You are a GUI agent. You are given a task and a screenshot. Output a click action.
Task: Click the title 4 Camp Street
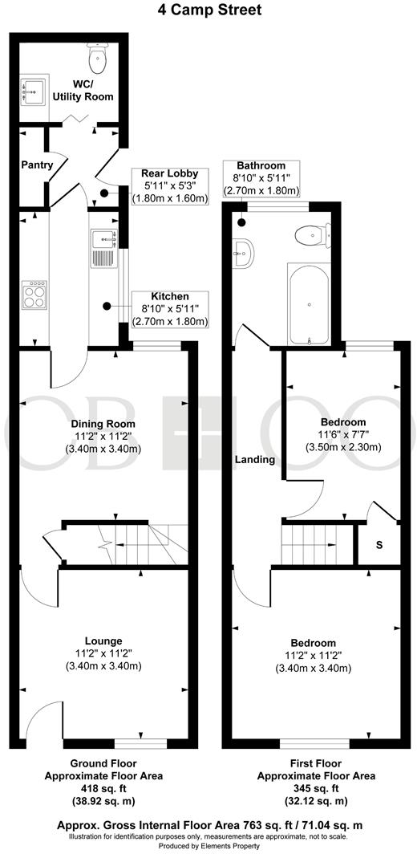(x=208, y=10)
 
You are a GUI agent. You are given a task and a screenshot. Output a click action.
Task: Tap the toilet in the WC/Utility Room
(x=98, y=57)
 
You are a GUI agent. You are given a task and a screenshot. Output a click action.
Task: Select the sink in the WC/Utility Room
(x=34, y=91)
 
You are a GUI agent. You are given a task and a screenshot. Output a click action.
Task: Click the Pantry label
(x=38, y=165)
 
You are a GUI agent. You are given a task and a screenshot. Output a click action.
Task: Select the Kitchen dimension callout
(x=169, y=309)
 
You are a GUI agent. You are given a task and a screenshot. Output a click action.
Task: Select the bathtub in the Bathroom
(x=306, y=305)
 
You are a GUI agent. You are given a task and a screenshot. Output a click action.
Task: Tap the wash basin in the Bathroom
(x=245, y=251)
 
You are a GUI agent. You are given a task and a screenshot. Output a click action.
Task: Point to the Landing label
(x=256, y=460)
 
